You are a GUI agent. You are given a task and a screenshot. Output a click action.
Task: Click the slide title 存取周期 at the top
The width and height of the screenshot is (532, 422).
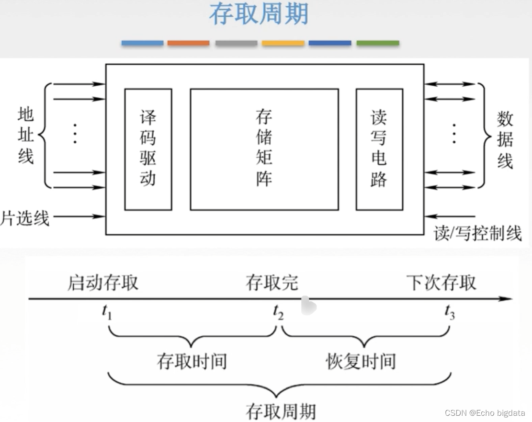(259, 14)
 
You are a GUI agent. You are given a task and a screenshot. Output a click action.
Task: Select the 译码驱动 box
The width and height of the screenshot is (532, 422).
(148, 149)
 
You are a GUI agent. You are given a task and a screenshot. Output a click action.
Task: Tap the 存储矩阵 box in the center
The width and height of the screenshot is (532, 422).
(264, 149)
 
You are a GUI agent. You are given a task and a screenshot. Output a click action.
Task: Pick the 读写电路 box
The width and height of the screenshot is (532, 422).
(379, 149)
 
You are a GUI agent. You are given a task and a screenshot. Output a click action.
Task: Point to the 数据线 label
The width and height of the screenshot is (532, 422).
(505, 139)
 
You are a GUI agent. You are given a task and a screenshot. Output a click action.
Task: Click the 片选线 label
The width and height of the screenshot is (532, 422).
(25, 218)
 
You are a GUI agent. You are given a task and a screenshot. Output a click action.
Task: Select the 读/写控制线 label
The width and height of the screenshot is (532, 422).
(477, 233)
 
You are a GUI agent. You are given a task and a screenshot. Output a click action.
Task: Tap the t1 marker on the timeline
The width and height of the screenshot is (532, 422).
(107, 312)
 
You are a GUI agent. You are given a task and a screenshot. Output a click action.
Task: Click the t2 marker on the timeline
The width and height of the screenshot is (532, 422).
(278, 312)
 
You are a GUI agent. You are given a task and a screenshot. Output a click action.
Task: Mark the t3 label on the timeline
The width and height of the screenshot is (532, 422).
(449, 312)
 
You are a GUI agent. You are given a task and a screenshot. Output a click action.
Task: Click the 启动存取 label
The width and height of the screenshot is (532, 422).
(102, 282)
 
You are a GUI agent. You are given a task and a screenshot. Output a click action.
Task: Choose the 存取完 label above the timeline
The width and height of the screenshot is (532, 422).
(272, 282)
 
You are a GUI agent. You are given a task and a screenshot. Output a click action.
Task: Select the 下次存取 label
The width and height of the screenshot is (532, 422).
(441, 282)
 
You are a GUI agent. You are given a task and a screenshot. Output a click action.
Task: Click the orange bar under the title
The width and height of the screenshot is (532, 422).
(188, 43)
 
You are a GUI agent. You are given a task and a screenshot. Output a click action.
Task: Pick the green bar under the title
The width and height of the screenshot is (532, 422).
(377, 43)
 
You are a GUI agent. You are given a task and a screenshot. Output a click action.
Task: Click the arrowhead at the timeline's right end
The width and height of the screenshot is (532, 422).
(507, 299)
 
